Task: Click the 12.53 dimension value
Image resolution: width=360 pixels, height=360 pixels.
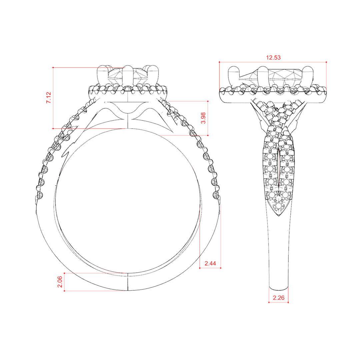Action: (x=273, y=57)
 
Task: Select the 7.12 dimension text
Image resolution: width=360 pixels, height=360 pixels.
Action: (x=48, y=98)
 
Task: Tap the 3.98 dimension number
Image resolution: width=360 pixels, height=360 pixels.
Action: (x=203, y=118)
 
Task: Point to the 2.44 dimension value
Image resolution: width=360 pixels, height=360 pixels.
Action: (x=210, y=263)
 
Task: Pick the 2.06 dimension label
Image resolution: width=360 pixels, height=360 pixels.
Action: (x=60, y=282)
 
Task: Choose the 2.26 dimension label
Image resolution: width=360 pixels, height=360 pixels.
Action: (x=278, y=298)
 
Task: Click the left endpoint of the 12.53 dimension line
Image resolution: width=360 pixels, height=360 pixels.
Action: (x=219, y=62)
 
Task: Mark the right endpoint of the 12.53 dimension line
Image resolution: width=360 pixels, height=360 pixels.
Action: (x=326, y=62)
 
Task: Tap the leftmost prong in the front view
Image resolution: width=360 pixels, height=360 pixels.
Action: (x=102, y=76)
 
